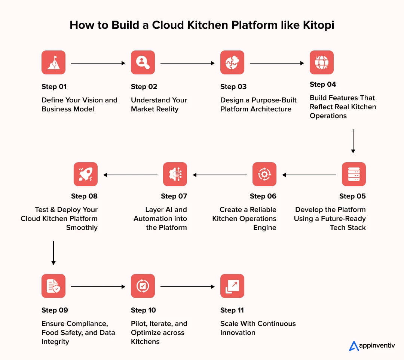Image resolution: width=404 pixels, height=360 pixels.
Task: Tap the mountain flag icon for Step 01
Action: [x=53, y=62]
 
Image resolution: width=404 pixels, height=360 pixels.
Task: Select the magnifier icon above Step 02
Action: [x=143, y=62]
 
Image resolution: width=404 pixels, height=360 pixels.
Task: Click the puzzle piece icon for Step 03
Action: [x=232, y=62]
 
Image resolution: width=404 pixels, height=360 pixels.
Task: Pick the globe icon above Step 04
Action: [x=322, y=62]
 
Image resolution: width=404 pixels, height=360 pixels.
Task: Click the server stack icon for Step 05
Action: [x=354, y=174]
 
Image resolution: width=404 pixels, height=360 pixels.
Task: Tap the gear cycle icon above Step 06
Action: [x=264, y=174]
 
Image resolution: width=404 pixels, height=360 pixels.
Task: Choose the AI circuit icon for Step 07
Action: [x=175, y=174]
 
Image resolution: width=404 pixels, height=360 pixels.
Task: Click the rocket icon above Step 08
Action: [x=86, y=174]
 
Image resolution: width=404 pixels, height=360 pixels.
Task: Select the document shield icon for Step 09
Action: [x=53, y=286]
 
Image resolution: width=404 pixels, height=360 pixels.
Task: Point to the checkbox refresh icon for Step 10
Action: [x=143, y=286]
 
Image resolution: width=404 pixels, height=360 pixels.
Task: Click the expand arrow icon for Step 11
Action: [x=232, y=286]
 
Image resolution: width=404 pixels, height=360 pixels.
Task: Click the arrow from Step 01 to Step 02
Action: [x=98, y=64]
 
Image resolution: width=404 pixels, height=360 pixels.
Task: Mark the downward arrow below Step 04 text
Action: [x=353, y=141]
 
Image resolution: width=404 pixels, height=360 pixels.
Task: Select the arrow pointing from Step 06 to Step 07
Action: [x=220, y=175]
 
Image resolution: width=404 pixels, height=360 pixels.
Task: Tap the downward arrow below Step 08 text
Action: [x=53, y=253]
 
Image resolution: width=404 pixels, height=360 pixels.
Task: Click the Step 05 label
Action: [x=352, y=196]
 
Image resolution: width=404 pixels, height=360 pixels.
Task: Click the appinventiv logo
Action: [x=372, y=346]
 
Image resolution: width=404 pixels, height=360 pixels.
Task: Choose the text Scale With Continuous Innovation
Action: [x=258, y=328]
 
